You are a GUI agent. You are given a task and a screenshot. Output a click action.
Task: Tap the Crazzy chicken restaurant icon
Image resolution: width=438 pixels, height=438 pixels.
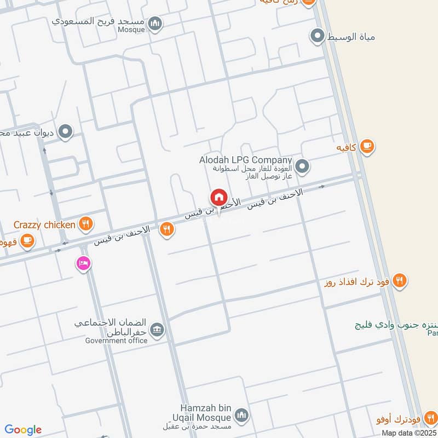pos(85,223)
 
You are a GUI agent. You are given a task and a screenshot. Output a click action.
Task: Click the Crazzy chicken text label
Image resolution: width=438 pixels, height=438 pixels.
pos(45,224)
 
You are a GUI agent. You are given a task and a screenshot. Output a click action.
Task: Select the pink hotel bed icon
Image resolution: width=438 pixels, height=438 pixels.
pos(83,264)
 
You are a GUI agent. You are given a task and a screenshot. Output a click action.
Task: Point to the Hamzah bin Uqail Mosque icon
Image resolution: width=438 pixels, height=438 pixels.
pos(241,415)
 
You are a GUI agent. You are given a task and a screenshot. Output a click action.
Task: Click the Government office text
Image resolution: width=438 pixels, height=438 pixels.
pos(116,341)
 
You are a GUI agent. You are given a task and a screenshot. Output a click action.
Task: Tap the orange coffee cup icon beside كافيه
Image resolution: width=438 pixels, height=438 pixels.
pos(367,147)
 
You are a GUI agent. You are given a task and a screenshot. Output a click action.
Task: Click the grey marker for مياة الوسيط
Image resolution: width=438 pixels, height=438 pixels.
pos(317,37)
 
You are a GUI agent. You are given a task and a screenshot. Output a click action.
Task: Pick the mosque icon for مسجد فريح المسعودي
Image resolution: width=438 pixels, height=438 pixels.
pos(155,23)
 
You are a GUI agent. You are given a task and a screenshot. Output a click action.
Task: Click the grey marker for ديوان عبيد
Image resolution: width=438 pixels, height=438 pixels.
pos(66,132)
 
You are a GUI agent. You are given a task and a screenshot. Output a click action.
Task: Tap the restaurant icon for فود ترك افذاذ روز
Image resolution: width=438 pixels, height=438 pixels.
pos(400,281)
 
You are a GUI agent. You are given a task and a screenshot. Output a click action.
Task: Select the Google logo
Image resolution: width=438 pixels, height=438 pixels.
pos(23,430)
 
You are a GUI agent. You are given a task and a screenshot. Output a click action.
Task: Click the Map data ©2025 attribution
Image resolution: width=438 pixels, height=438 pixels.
pos(408,433)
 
